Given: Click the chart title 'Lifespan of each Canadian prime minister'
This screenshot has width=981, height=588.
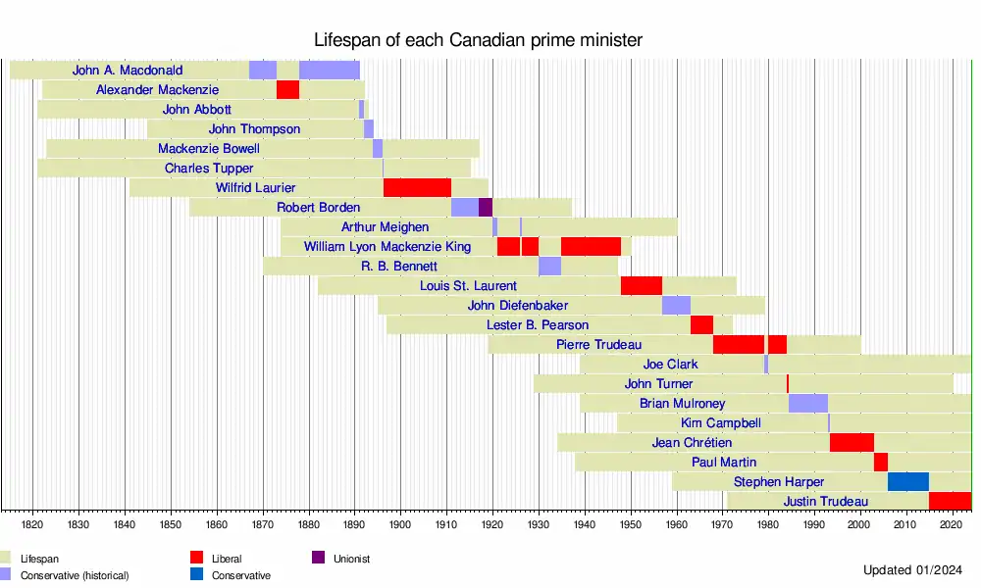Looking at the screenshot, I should click(x=478, y=40).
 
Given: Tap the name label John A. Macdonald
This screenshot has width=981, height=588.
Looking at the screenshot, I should click(x=128, y=71).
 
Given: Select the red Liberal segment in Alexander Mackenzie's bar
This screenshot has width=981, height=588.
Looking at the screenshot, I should click(x=287, y=90).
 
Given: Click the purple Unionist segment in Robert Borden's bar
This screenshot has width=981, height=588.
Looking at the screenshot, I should click(x=485, y=208).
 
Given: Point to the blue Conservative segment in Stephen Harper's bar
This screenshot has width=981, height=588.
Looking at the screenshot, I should click(x=908, y=482).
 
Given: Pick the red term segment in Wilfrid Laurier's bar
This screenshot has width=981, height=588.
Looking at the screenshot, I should click(x=417, y=188).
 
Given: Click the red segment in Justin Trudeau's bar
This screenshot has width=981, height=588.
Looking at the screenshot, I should click(x=950, y=502).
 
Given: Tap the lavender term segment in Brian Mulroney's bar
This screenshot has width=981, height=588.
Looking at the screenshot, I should click(x=808, y=404).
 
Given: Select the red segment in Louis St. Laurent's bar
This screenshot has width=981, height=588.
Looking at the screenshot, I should click(x=642, y=286).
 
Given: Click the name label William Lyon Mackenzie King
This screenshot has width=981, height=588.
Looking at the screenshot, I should click(x=387, y=247).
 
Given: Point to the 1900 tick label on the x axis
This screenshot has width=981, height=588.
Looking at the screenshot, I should click(x=400, y=525).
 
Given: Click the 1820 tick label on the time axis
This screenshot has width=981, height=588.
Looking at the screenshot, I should click(x=32, y=525).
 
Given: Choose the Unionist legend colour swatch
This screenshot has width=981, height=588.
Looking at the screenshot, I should click(x=319, y=559).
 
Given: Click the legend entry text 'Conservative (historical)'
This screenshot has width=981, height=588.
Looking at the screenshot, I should click(x=75, y=575).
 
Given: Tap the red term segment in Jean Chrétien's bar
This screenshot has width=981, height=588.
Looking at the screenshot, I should click(x=852, y=443).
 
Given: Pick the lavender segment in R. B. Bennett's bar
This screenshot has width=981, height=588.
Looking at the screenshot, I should click(x=549, y=267).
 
